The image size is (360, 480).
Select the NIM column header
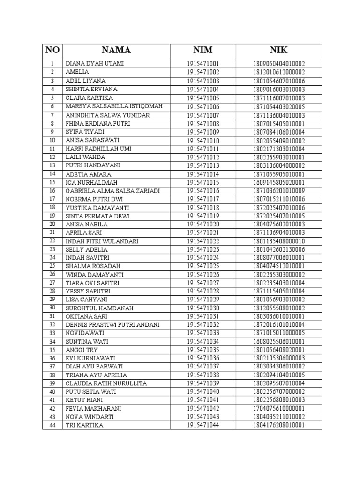click(202, 51)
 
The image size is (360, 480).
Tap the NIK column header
click(279, 51)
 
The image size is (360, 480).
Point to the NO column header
click(52, 51)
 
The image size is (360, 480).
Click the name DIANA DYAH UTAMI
click(94, 63)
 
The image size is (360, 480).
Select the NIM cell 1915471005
click(202, 98)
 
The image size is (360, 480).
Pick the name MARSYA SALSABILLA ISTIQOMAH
click(114, 106)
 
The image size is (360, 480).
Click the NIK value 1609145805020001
click(279, 182)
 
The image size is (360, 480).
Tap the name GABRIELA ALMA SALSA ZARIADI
click(112, 191)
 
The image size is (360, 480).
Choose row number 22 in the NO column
click(52, 241)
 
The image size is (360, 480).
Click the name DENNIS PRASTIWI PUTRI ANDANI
click(112, 324)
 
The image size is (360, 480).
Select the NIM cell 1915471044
click(202, 425)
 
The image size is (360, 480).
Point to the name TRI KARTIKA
click(84, 425)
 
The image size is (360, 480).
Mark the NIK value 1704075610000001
click(279, 408)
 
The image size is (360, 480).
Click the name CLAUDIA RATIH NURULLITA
click(106, 383)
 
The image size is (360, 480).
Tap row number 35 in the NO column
click(52, 350)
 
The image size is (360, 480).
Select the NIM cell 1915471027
click(202, 283)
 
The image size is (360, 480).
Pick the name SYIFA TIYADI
click(85, 132)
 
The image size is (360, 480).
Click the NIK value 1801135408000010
click(279, 241)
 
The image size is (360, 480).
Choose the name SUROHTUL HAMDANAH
click(99, 308)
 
